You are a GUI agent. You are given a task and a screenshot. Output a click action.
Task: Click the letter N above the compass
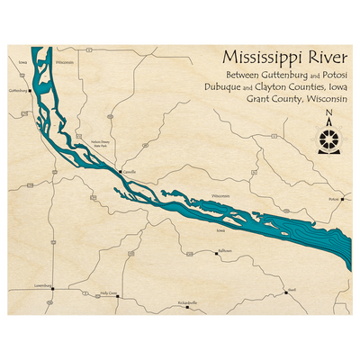coord(329,113)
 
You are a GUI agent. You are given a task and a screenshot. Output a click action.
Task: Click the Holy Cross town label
coord(109,292)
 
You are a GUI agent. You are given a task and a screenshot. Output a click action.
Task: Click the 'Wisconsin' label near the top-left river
coord(64,63)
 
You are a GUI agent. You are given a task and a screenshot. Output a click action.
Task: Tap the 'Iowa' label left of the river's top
coord(21,62)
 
